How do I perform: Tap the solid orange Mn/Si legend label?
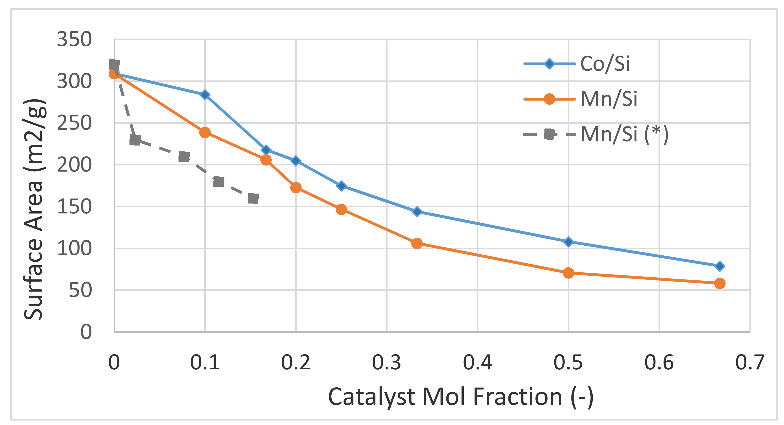click(x=608, y=99)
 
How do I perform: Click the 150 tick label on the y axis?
click(x=74, y=207)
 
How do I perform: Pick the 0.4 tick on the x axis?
click(x=477, y=362)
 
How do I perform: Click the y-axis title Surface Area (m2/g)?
click(x=34, y=209)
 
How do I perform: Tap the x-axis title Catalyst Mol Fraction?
click(x=460, y=397)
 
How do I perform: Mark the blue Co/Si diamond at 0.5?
click(x=568, y=242)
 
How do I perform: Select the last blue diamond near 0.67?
click(x=719, y=266)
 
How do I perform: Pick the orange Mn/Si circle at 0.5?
click(x=568, y=273)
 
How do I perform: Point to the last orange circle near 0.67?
click(x=719, y=283)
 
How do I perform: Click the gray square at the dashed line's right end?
click(x=253, y=198)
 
